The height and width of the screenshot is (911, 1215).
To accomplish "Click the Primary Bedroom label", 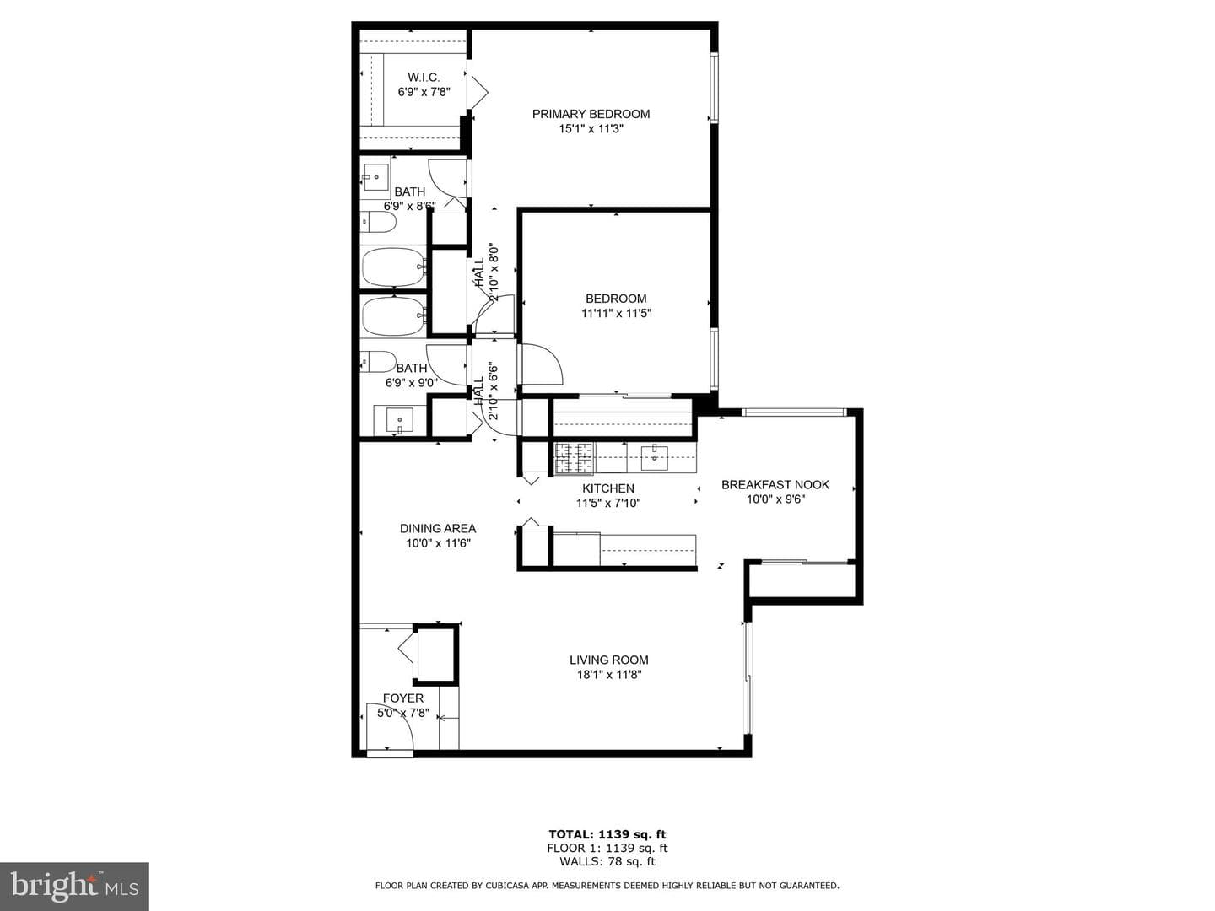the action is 591,114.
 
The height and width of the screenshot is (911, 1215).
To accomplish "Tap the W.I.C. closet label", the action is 424,78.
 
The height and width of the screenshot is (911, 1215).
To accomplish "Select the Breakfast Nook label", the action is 775,484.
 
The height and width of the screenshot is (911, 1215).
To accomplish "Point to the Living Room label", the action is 608,660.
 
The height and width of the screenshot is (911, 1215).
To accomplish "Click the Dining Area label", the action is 438,528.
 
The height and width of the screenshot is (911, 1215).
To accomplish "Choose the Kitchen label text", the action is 607,488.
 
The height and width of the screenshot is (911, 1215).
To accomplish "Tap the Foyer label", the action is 403,698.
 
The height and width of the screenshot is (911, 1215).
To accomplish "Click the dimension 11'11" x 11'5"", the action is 616,313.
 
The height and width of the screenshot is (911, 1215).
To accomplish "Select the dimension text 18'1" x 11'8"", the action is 608,675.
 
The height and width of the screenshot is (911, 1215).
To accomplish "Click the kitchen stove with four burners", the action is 574,459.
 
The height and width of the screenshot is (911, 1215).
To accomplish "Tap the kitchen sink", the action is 654,457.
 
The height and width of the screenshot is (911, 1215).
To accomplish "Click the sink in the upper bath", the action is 375,177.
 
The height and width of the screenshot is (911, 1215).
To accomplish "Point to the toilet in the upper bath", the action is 379,223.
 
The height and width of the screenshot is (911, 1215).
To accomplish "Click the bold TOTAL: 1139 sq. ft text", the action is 607,834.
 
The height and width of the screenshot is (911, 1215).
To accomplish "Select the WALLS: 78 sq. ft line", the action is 607,861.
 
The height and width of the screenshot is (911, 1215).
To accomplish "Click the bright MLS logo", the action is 74,886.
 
